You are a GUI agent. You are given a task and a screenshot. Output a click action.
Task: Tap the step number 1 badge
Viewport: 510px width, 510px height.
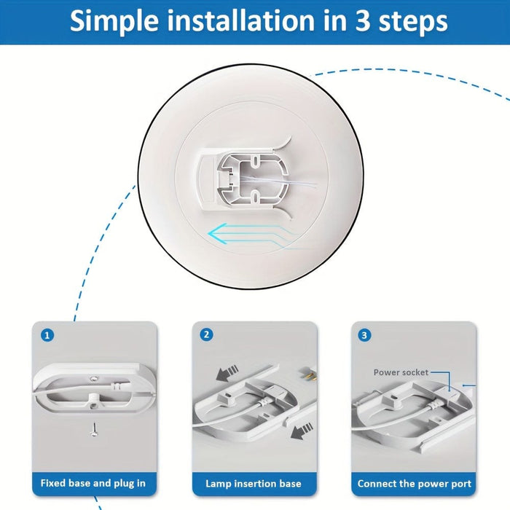[x=47, y=335]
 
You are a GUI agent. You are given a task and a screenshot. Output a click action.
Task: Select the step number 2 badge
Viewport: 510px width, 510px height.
[x=207, y=335]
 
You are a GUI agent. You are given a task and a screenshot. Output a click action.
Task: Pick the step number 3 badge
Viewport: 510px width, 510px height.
[x=364, y=335]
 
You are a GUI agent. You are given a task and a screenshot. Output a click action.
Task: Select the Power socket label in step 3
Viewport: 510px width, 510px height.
[x=401, y=372]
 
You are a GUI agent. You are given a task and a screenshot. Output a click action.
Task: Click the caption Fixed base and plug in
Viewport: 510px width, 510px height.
[x=93, y=483]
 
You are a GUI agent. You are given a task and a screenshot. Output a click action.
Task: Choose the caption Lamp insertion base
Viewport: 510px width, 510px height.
[x=253, y=483]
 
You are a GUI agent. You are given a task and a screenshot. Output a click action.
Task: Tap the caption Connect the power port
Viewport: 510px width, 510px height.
[x=414, y=483]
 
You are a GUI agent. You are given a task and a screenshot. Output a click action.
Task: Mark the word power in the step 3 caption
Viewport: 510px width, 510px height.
[x=432, y=484]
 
